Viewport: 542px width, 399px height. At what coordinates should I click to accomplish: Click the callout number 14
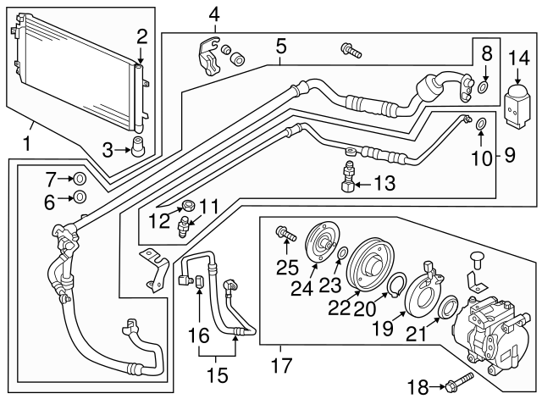tap(517, 58)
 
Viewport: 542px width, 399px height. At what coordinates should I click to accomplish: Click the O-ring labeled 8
tap(483, 86)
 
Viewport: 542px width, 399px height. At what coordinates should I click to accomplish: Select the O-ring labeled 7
tap(79, 179)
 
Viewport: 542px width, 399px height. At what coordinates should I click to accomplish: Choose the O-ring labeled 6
tap(79, 197)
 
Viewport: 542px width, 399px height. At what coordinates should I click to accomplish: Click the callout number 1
tap(27, 144)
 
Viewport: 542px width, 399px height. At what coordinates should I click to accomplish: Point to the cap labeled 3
tap(135, 145)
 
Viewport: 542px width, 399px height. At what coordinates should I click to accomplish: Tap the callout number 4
tap(214, 14)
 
